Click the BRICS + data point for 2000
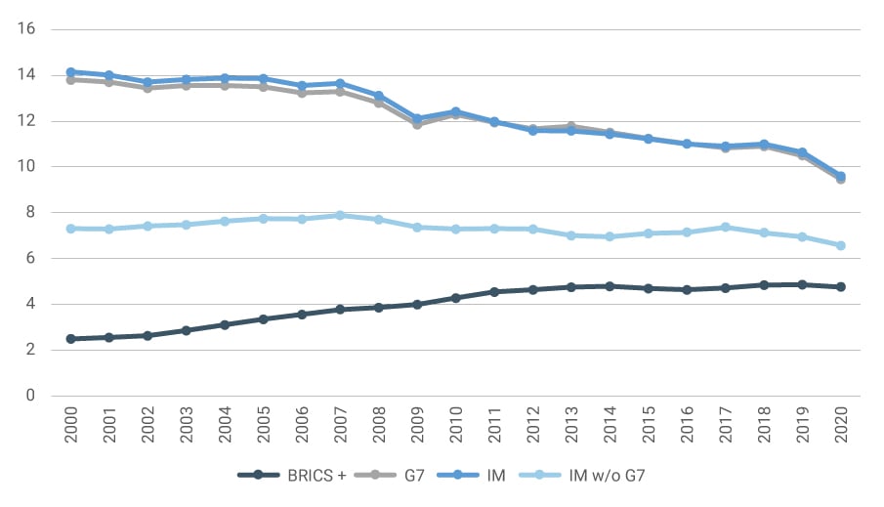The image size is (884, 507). pos(71,339)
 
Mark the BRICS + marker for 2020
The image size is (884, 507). pos(840,287)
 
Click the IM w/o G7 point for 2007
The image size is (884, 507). pos(340,216)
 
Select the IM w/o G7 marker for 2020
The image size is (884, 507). pos(840,246)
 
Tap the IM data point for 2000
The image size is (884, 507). pos(71,72)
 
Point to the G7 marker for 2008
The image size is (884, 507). pos(379,102)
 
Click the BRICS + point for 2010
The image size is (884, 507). pos(455,298)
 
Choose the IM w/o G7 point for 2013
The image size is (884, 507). pos(570,235)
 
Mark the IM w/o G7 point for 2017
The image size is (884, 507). pos(725,227)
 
